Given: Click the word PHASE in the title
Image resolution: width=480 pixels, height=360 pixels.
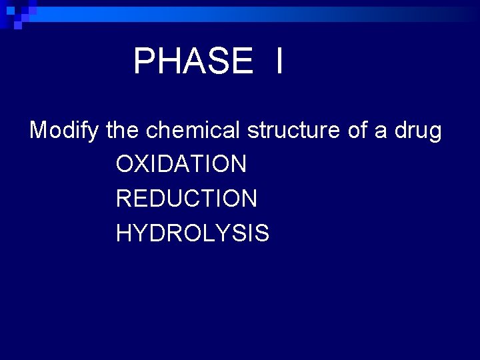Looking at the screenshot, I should (193, 61).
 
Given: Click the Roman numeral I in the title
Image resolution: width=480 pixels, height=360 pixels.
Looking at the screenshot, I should (278, 61).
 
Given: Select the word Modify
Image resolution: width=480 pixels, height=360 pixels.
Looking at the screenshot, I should (65, 131).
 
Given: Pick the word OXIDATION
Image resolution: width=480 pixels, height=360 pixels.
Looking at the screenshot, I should (181, 163).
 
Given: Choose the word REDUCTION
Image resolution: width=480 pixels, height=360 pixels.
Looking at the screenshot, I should (186, 198).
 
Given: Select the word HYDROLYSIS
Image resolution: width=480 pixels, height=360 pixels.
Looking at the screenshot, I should (192, 233).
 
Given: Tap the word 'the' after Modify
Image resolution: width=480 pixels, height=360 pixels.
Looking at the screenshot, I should (121, 130).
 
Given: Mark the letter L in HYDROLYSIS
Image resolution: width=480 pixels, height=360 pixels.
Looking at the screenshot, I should (200, 233).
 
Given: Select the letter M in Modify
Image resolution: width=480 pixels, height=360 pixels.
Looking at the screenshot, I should (39, 130).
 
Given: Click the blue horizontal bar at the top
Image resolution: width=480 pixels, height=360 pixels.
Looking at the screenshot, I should (267, 11).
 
